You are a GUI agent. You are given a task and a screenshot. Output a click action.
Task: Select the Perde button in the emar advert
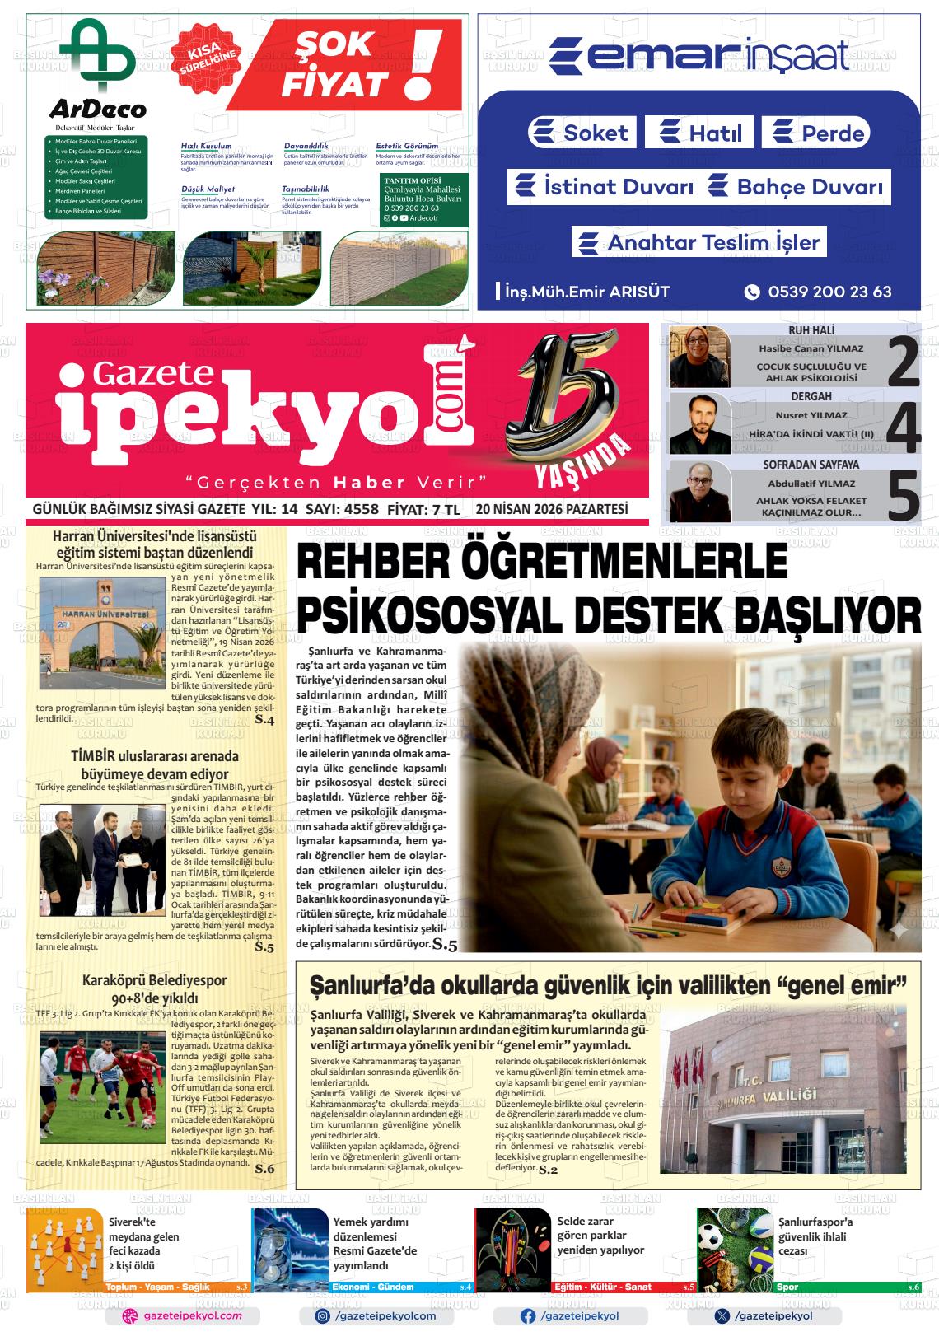click(815, 133)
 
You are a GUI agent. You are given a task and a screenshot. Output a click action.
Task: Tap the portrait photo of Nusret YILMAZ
click(700, 423)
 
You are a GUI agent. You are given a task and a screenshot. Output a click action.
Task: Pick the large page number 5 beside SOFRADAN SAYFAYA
click(903, 493)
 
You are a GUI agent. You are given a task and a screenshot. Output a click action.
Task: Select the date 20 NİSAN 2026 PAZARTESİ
click(551, 509)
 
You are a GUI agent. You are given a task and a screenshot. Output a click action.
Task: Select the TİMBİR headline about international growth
click(154, 764)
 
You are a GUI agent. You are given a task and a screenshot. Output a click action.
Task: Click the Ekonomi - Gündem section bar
click(400, 1287)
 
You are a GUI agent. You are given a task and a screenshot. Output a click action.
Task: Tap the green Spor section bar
click(847, 1287)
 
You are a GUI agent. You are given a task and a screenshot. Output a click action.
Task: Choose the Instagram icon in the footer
click(323, 1316)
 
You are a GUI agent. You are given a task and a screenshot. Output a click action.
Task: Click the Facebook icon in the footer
click(528, 1316)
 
